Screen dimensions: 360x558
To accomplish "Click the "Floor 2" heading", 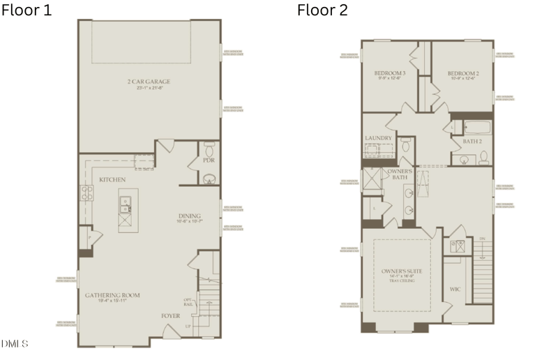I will point(322,10).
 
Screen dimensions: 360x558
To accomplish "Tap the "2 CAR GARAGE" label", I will point(149,82).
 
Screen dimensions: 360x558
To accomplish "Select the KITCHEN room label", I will point(112,180).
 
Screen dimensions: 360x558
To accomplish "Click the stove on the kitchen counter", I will point(86,194).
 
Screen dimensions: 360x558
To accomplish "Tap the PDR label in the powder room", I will point(208,160).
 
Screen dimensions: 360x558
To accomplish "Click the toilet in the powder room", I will point(209,149).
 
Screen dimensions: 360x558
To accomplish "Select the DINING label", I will point(189,216).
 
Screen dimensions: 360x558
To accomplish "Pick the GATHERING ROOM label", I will point(112,295).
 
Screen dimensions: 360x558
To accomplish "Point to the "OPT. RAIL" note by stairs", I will point(187,302).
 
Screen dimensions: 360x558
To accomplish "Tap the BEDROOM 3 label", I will point(390,73).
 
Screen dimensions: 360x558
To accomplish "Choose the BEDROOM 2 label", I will point(463,73).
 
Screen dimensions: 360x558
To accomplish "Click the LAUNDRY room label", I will point(378,138).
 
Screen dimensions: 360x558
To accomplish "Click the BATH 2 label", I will point(472,142).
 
